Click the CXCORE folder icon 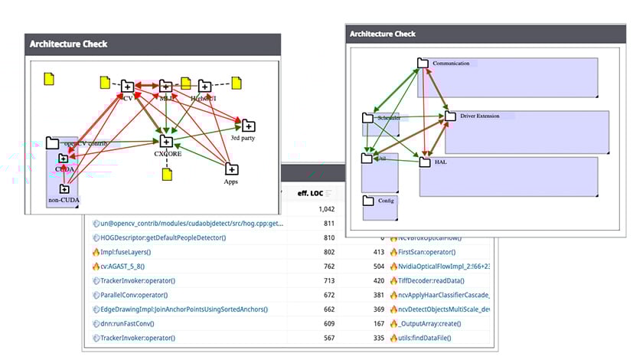pyautogui.click(x=165, y=141)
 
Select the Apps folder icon pyautogui.click(x=232, y=169)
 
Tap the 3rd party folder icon pyautogui.click(x=249, y=126)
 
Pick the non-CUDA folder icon pyautogui.click(x=64, y=188)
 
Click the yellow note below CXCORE pyautogui.click(x=168, y=175)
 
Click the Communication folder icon pyautogui.click(x=423, y=63)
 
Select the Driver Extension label pyautogui.click(x=479, y=116)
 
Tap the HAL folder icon pyautogui.click(x=425, y=162)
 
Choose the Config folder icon pyautogui.click(x=367, y=201)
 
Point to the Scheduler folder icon pyautogui.click(x=367, y=118)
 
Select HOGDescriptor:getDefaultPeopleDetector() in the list pyautogui.click(x=164, y=237)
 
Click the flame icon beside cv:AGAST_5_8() pyautogui.click(x=96, y=267)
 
